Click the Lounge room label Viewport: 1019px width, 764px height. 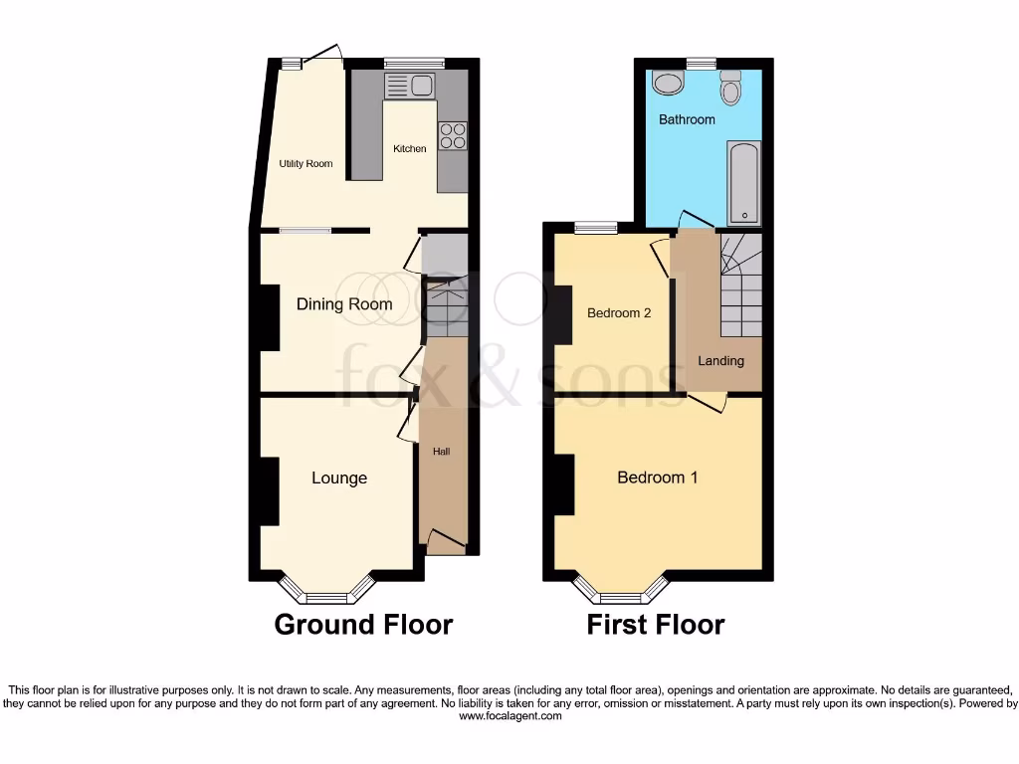tap(339, 478)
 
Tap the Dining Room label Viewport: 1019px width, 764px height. tap(344, 304)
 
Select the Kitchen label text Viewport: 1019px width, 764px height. tap(409, 149)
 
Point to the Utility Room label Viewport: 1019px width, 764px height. tap(306, 164)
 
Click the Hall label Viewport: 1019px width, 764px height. tap(442, 452)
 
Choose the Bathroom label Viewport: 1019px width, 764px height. tap(687, 119)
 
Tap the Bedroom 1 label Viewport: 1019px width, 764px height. tap(657, 477)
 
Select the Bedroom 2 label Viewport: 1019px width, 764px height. tap(619, 313)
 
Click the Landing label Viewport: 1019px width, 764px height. tap(720, 361)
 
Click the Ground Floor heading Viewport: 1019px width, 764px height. tap(363, 625)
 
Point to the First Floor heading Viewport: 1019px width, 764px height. tap(655, 625)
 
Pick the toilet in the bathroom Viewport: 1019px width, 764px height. tap(731, 90)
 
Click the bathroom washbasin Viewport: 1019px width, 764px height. tap(665, 83)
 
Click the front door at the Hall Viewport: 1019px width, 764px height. tap(446, 542)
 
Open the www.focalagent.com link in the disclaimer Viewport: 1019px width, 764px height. tap(509, 716)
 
